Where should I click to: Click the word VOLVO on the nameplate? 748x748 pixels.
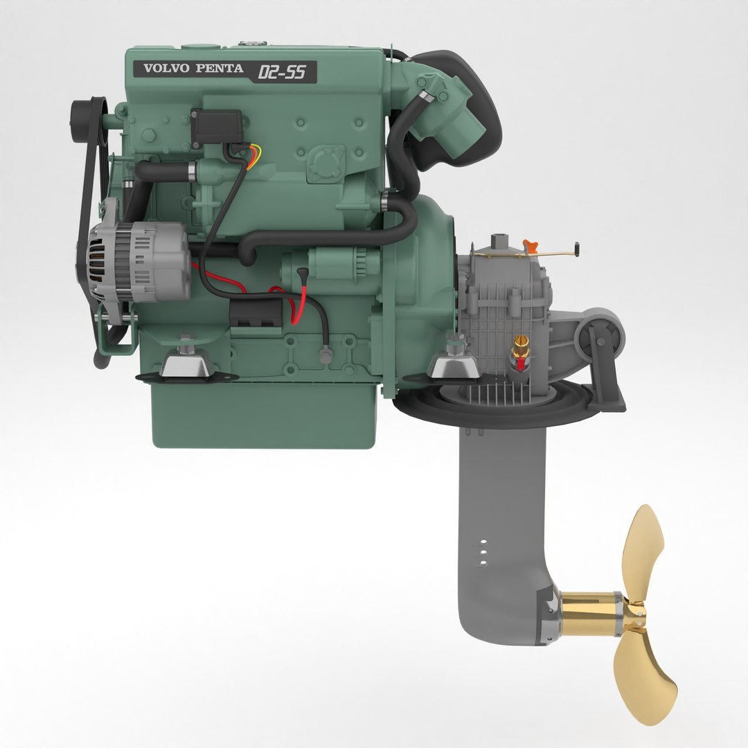point(166,69)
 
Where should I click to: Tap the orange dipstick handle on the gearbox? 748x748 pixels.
point(531,245)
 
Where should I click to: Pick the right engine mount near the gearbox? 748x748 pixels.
point(454,364)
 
